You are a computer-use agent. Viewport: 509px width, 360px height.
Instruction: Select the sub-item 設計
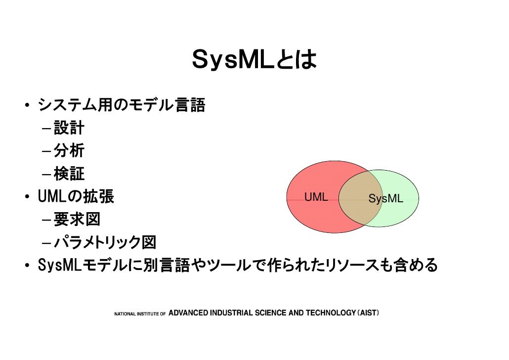(x=69, y=129)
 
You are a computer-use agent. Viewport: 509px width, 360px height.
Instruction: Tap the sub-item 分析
(x=69, y=151)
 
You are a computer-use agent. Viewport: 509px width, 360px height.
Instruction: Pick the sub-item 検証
(x=69, y=174)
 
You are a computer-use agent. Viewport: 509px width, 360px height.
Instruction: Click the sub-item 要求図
(x=77, y=219)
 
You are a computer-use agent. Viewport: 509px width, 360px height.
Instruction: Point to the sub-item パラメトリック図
(x=105, y=242)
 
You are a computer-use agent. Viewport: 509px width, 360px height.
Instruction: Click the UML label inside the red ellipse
(x=316, y=197)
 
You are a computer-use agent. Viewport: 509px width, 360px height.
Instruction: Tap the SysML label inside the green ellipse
(x=385, y=199)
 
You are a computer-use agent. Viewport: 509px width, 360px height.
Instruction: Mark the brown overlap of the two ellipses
(x=360, y=198)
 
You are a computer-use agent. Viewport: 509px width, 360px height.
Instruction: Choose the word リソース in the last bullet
(x=351, y=266)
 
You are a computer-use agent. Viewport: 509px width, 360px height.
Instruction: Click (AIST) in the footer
(x=367, y=313)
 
